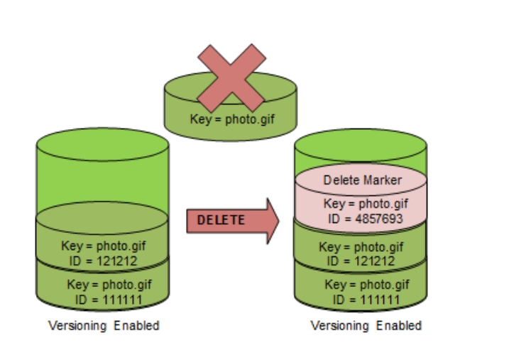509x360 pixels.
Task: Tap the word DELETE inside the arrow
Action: pos(221,220)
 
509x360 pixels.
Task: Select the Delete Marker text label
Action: pos(362,180)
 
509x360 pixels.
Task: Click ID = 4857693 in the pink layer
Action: pos(363,219)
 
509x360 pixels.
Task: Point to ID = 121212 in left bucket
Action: pos(102,260)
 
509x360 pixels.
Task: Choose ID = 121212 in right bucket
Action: pos(361,261)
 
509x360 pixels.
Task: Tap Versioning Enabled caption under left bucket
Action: pos(104,326)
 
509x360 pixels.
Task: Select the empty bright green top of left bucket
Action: pos(102,170)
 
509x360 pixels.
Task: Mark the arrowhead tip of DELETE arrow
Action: pos(279,220)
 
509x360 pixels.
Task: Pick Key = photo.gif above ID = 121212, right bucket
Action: pos(361,247)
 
